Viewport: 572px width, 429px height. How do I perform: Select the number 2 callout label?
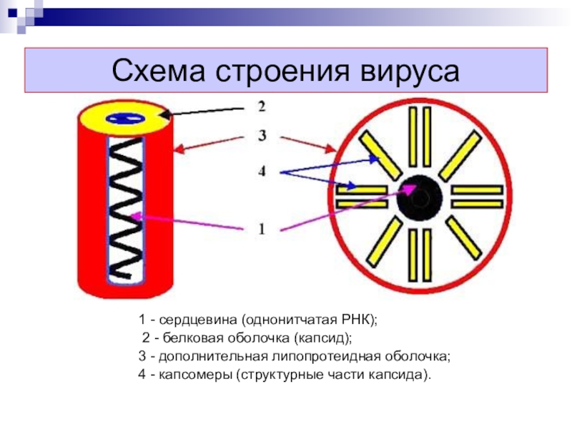tap(262, 107)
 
